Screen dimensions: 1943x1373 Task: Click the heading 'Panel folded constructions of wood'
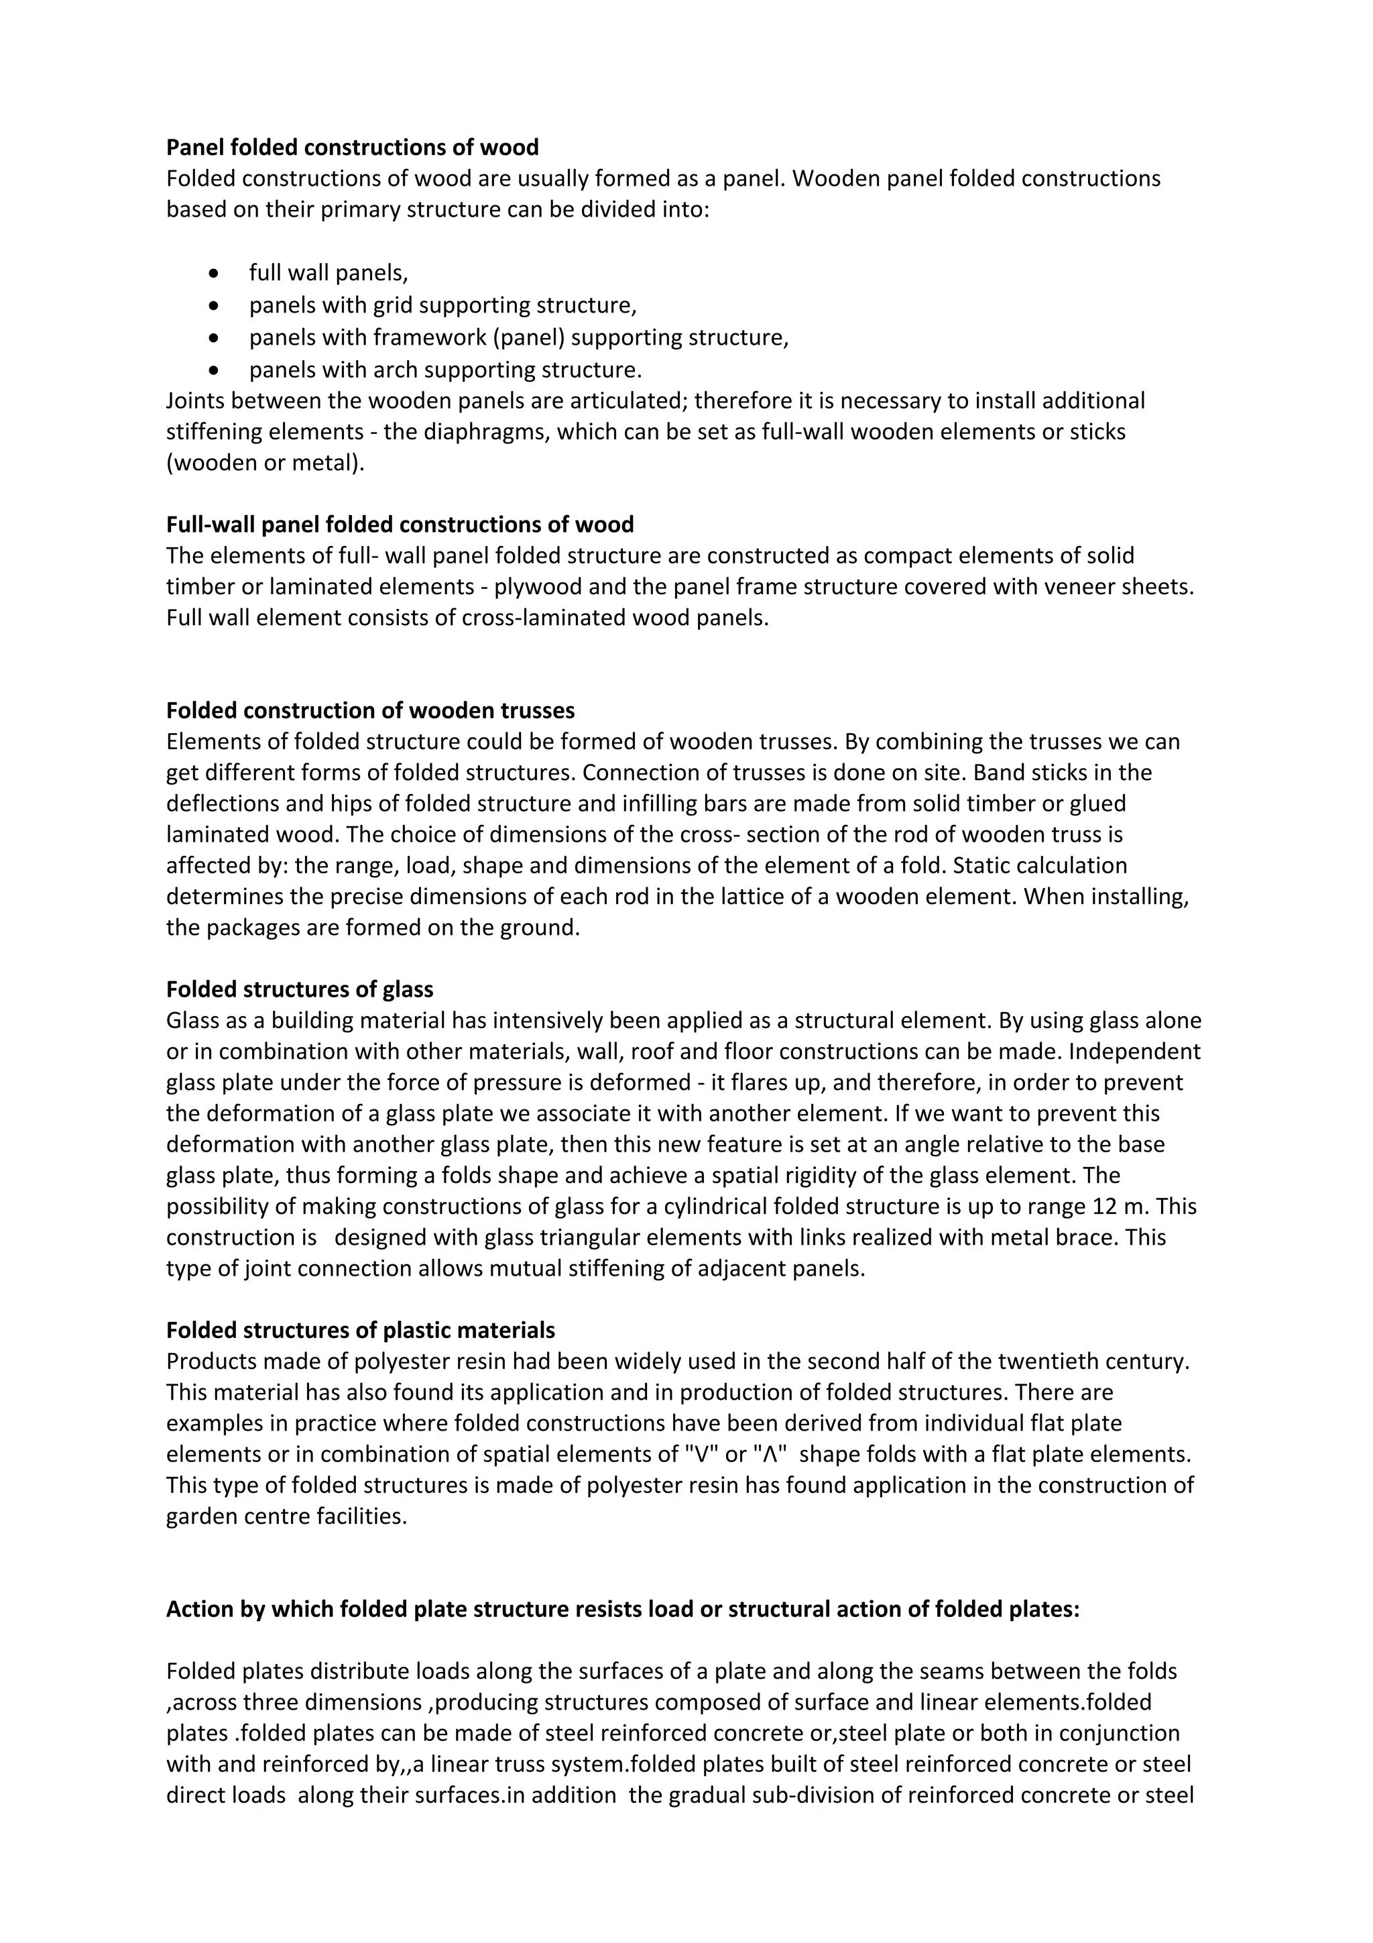[352, 148]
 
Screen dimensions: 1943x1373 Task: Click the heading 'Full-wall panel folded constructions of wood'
[400, 524]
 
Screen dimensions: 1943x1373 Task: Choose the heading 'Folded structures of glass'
[300, 989]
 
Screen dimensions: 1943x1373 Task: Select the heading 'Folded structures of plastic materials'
[361, 1330]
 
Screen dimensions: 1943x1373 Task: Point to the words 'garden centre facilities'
[286, 1516]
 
